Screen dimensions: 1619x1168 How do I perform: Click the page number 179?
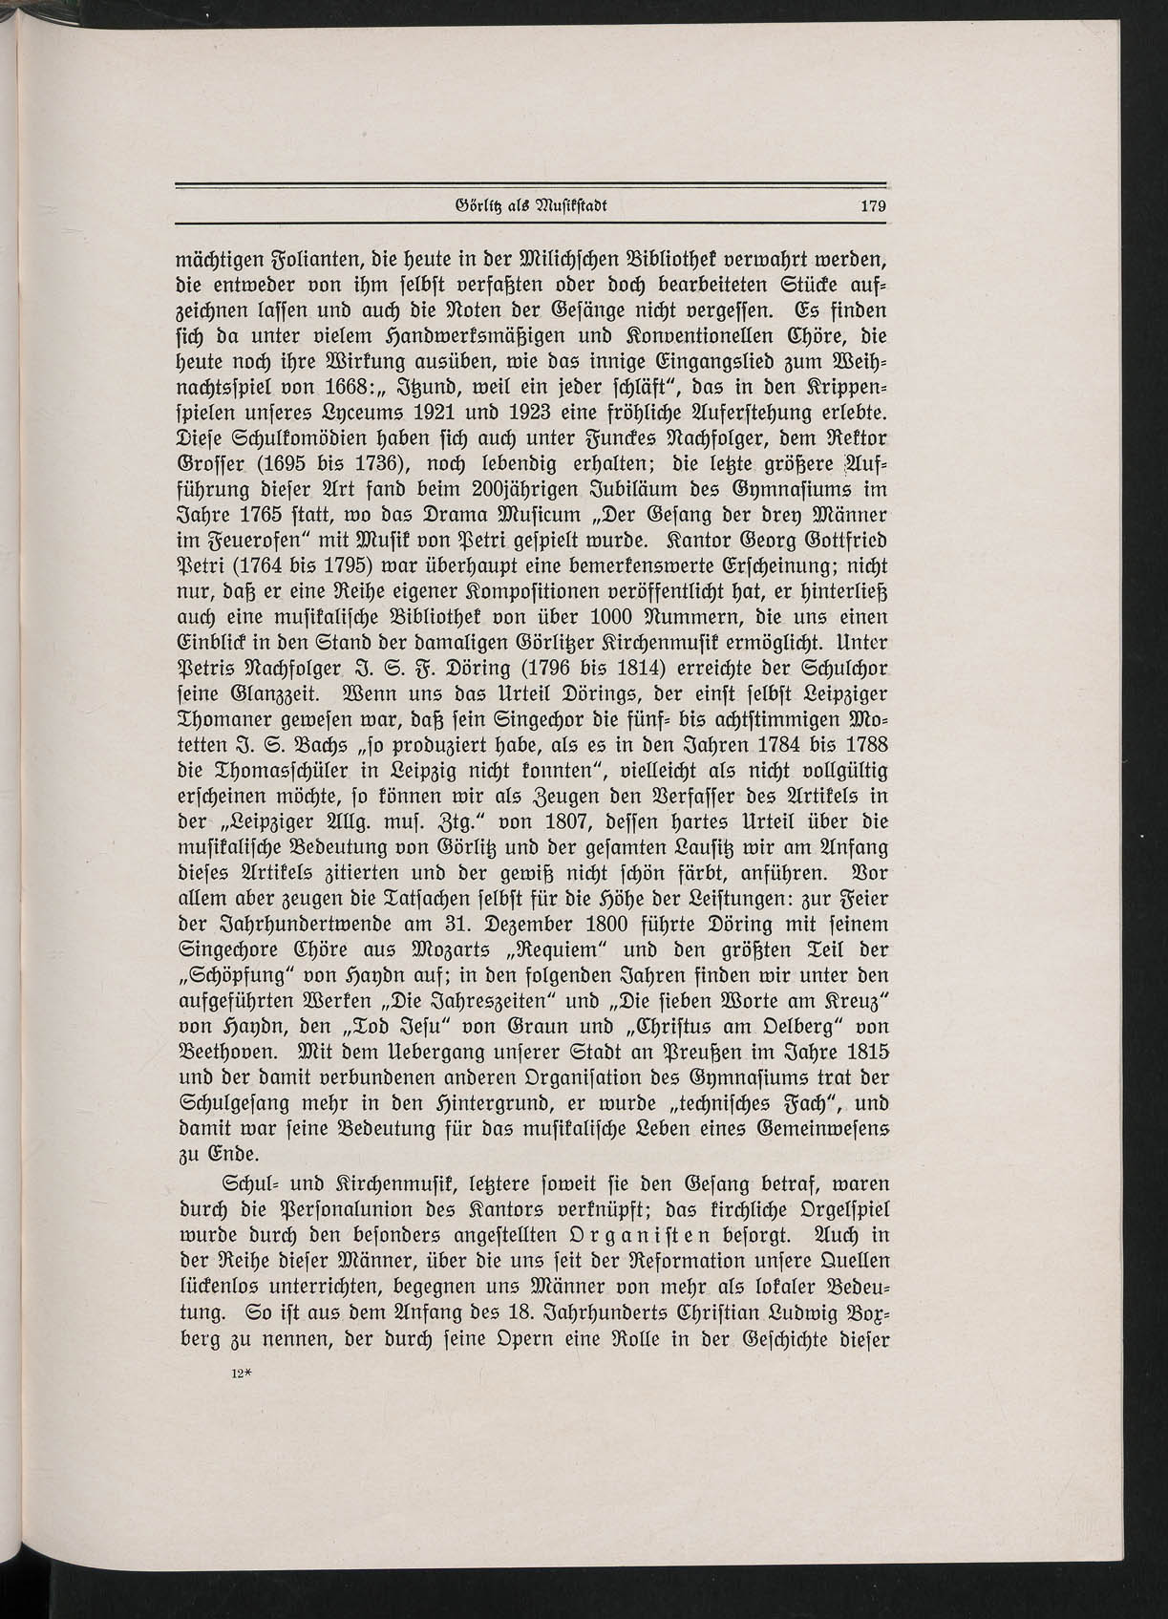(874, 204)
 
